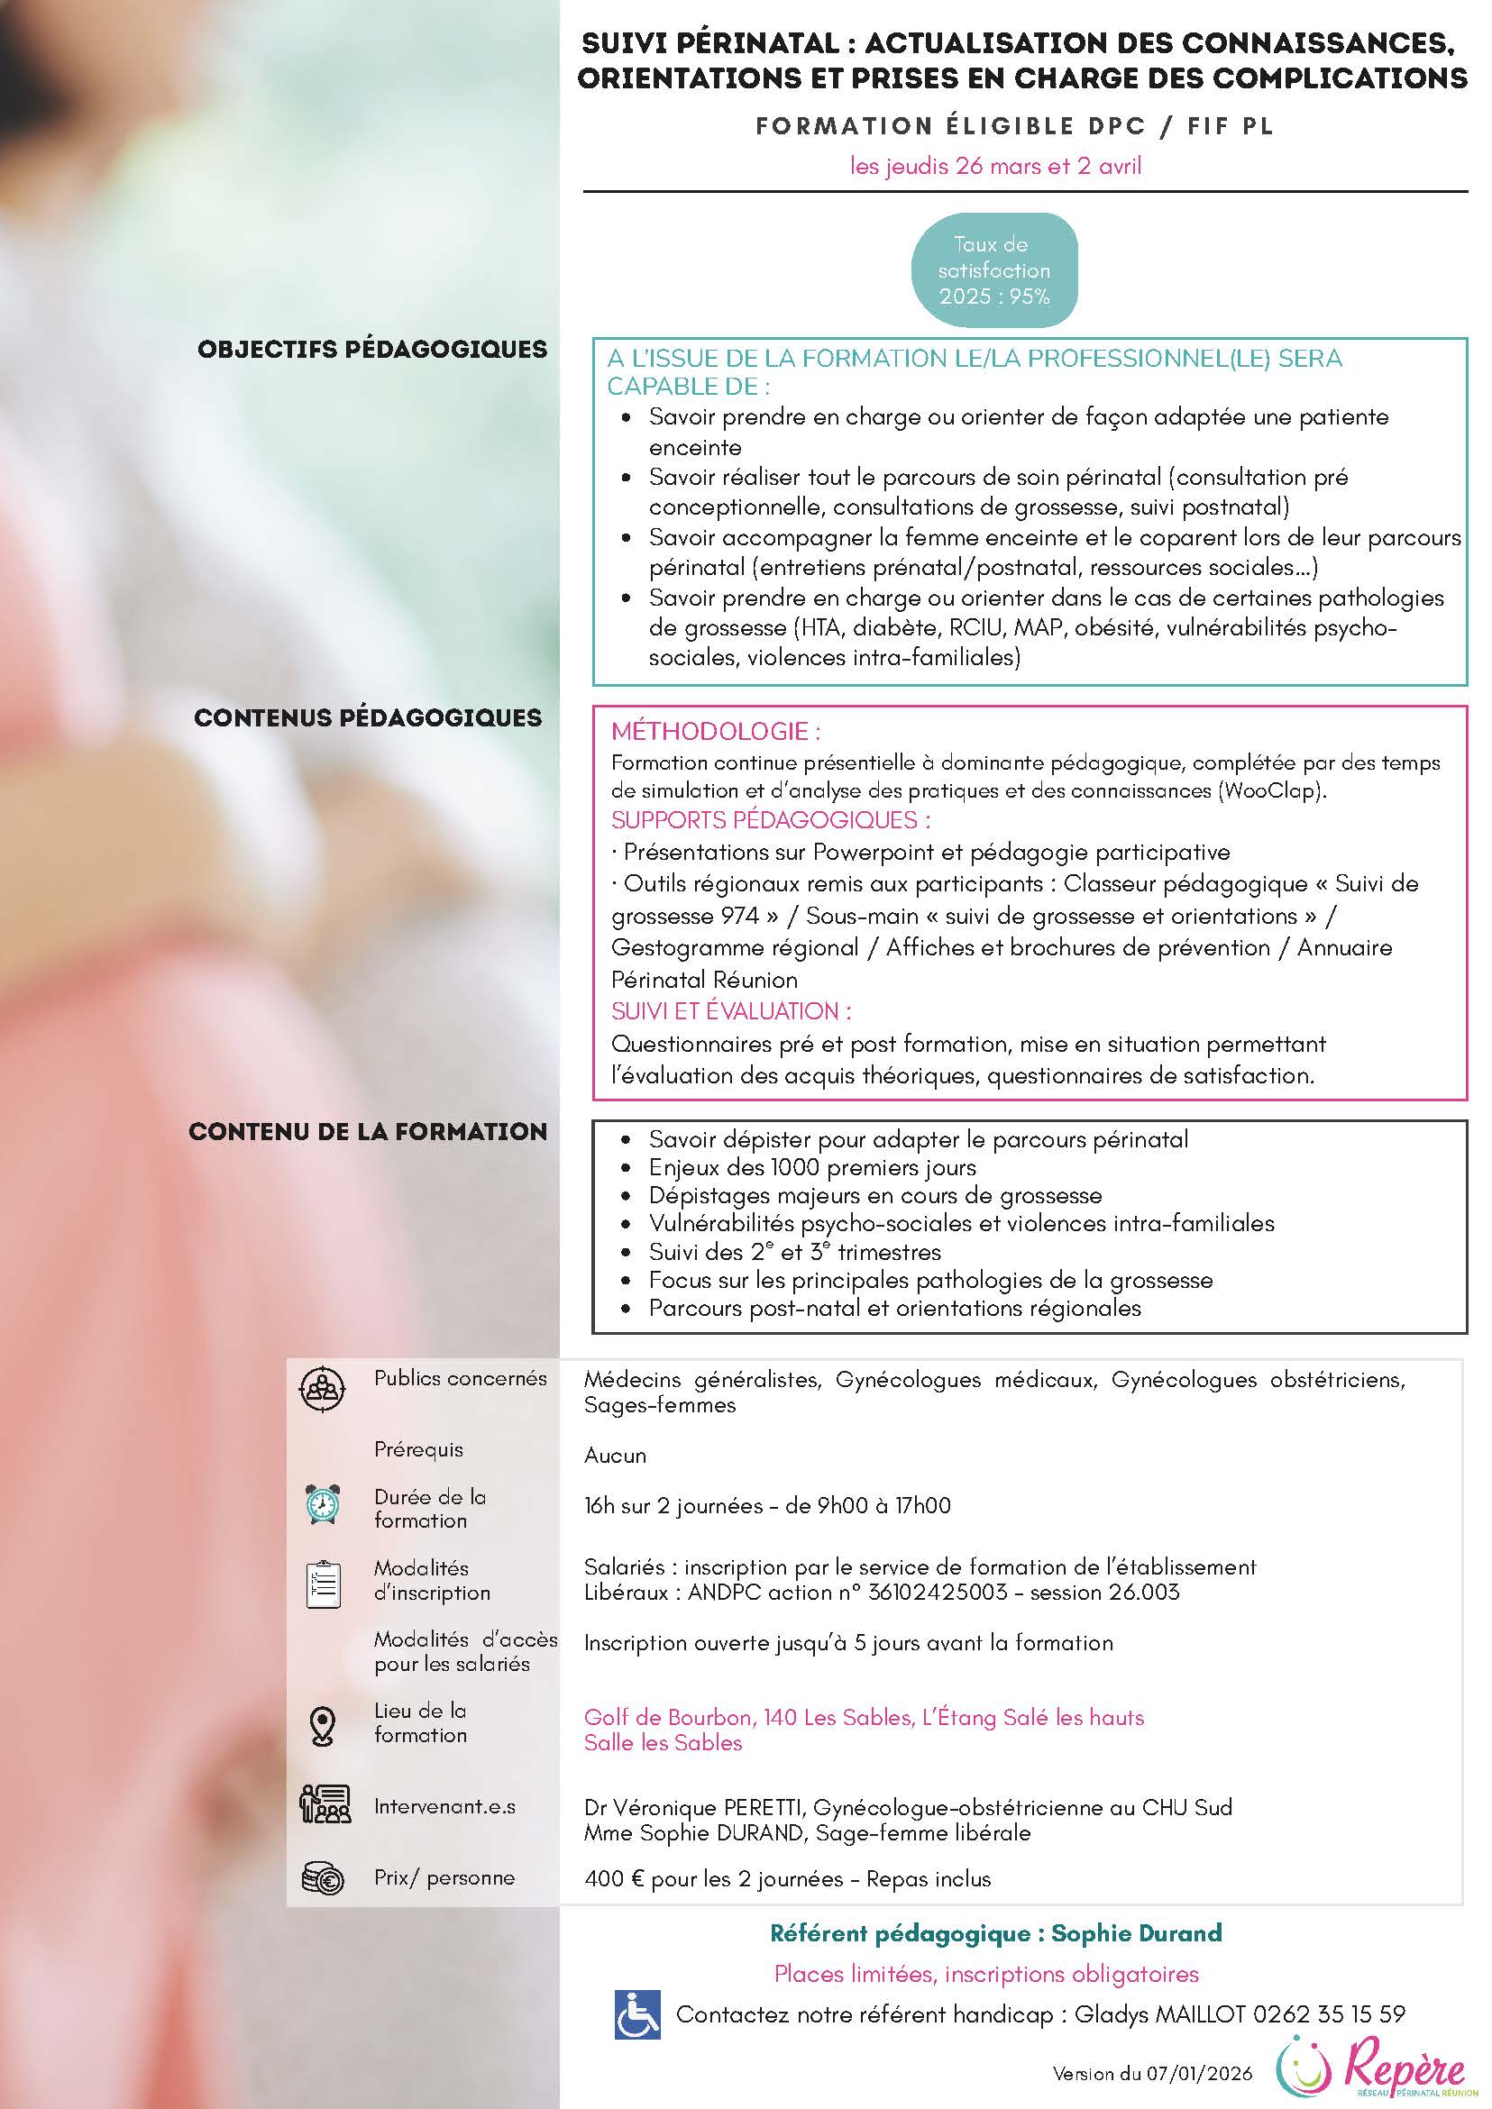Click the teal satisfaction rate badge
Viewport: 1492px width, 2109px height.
coord(993,270)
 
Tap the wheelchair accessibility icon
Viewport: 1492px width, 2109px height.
coord(636,2014)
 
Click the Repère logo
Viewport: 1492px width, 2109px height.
coord(1370,2067)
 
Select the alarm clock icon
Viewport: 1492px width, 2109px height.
coord(323,1504)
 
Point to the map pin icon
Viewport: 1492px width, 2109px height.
coord(323,1726)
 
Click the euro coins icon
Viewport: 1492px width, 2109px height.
coord(323,1878)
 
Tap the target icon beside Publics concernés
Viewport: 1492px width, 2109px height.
coord(323,1388)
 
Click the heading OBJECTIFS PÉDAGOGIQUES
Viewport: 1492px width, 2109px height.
coord(372,349)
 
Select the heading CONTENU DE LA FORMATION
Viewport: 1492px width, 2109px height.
coord(368,1131)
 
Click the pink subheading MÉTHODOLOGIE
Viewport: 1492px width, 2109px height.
coord(716,732)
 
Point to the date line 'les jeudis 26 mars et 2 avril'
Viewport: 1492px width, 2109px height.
coord(996,166)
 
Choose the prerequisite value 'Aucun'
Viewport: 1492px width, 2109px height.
coord(615,1455)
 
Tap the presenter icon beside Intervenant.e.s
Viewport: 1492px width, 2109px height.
coord(325,1803)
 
